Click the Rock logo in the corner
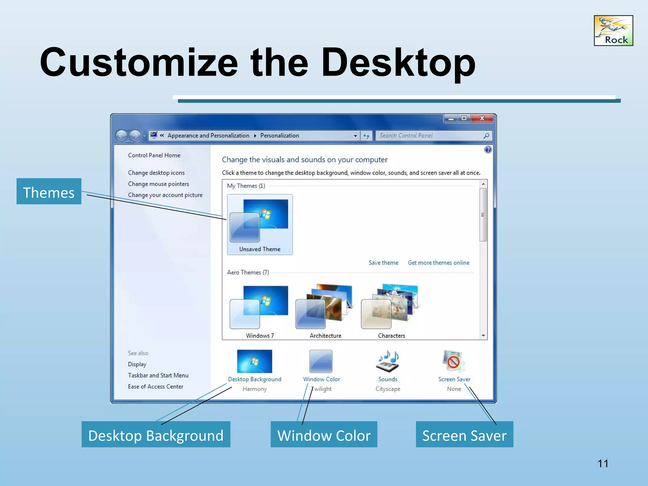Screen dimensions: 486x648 click(x=613, y=31)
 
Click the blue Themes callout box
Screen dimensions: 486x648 click(x=49, y=191)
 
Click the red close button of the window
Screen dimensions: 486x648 click(x=482, y=118)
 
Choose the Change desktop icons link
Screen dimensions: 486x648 click(x=156, y=173)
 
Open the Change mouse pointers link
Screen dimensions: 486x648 click(x=158, y=184)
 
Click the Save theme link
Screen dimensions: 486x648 click(x=383, y=263)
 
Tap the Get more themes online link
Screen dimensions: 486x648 click(x=438, y=263)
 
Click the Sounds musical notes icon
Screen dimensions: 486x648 click(x=388, y=361)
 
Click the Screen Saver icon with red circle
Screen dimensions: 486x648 click(x=453, y=361)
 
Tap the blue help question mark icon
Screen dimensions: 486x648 click(x=488, y=150)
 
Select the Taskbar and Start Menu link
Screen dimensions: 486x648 click(x=158, y=375)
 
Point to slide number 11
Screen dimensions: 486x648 click(x=602, y=464)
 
